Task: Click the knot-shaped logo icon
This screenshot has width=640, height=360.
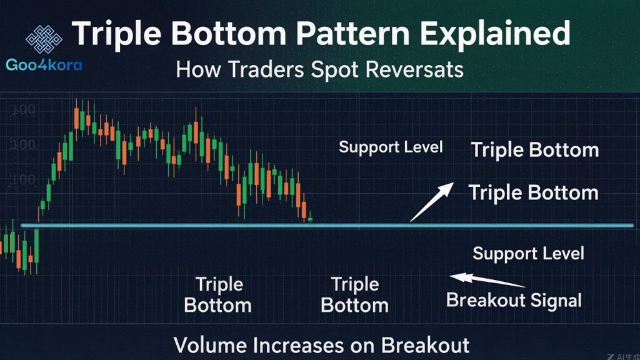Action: [x=44, y=39]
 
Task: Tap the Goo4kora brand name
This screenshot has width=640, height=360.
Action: [x=44, y=65]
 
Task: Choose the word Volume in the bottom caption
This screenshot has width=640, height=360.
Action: [x=209, y=345]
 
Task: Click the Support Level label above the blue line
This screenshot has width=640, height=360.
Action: [x=391, y=147]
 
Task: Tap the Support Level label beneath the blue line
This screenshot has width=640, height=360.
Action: [x=528, y=253]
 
